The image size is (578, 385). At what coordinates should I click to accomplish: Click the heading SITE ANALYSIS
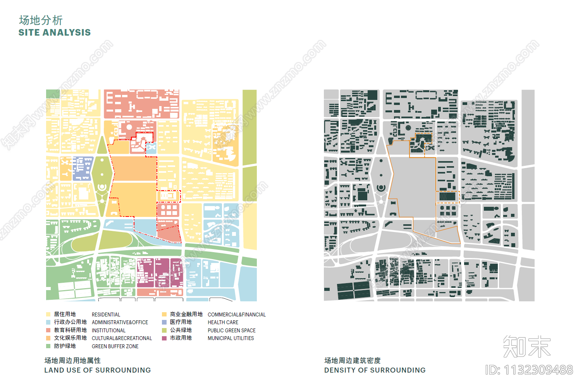pos(55,33)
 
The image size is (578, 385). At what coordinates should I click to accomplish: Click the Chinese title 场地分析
pos(41,20)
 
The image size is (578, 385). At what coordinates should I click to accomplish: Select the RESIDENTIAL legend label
pos(106,315)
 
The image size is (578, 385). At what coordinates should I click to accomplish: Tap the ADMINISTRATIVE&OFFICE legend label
pos(120,322)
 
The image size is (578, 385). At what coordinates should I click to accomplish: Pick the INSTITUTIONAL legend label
pos(108,330)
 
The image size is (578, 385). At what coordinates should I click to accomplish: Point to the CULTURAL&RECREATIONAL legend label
pos(122,338)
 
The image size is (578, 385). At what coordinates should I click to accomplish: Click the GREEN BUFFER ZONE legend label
pos(115,346)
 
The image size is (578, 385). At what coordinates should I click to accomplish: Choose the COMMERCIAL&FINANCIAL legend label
pos(237,315)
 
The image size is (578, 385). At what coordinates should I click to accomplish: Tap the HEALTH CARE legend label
pos(223,322)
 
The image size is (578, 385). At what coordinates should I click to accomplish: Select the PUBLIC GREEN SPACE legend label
pos(232,330)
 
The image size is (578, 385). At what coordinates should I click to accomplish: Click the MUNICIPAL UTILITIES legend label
pos(231,338)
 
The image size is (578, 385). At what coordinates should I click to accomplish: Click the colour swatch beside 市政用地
pos(164,338)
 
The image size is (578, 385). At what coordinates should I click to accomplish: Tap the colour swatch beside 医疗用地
pos(164,322)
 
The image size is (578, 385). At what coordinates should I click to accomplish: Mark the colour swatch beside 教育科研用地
pos(48,330)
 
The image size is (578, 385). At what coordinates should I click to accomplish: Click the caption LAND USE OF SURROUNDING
pos(98,370)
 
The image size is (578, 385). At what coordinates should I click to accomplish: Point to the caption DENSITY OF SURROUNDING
pos(375,370)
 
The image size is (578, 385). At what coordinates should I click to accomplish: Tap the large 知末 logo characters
pos(526,346)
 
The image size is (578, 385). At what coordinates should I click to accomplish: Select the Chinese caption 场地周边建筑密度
pos(352,361)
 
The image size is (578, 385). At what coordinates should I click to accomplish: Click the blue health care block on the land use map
pos(82,168)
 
